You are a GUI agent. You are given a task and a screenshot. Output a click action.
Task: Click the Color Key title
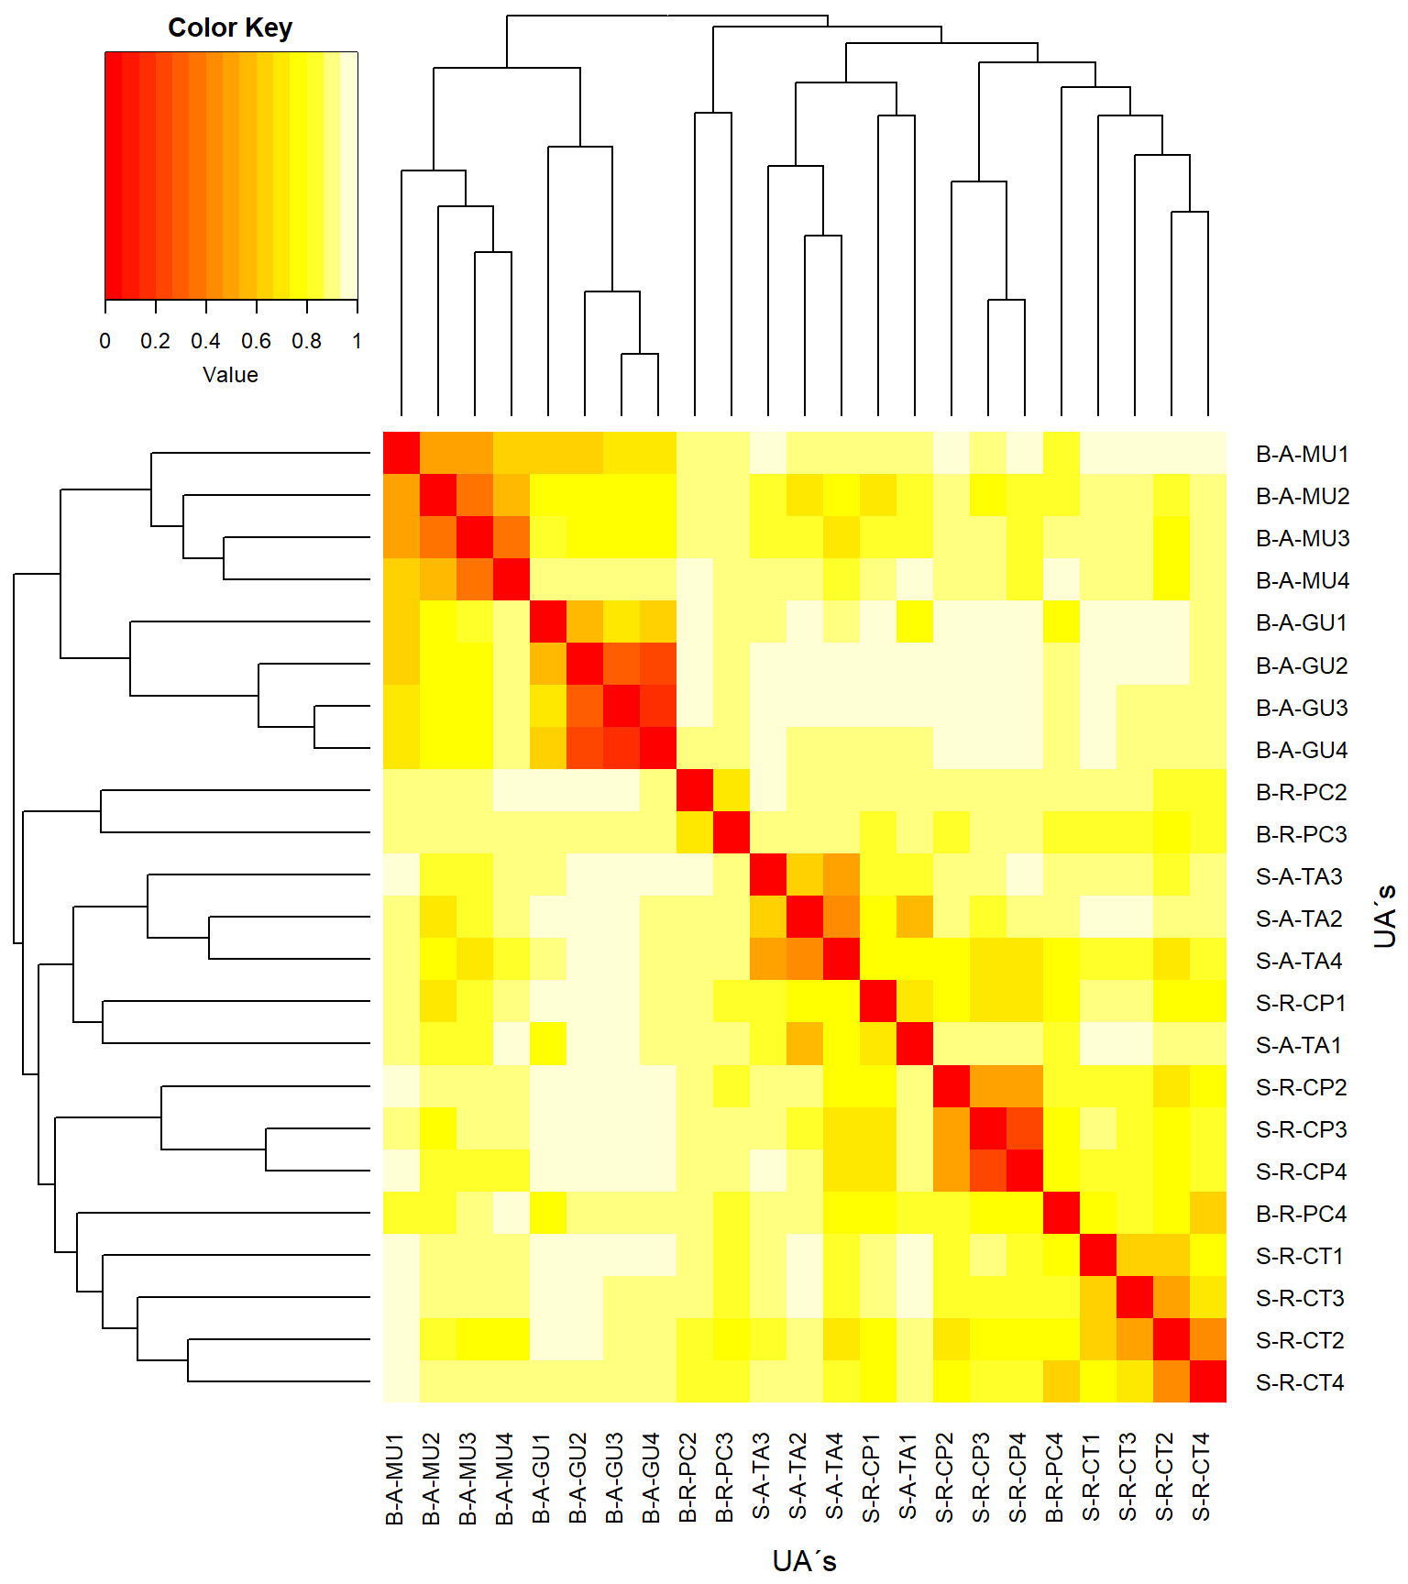230,28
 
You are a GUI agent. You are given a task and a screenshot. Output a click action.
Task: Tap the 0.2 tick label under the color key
155,341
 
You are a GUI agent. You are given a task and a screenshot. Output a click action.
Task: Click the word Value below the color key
230,375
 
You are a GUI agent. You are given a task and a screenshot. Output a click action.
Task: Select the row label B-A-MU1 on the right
1302,455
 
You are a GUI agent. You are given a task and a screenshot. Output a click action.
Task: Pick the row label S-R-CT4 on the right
1300,1382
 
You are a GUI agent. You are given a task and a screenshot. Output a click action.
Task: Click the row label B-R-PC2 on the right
1302,792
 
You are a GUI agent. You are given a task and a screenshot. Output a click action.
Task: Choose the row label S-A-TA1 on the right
1299,1045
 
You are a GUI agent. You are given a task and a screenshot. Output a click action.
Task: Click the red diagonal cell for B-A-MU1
401,453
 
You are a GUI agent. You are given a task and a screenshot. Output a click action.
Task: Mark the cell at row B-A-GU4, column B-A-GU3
621,748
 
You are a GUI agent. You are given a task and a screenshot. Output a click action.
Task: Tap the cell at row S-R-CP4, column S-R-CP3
988,1170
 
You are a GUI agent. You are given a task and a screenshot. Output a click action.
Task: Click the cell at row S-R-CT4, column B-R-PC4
1061,1380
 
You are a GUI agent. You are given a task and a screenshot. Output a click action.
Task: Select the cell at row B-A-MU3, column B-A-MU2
438,537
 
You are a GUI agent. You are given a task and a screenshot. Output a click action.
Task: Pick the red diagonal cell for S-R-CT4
1208,1380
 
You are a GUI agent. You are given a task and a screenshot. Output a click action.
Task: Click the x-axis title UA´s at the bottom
804,1561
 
